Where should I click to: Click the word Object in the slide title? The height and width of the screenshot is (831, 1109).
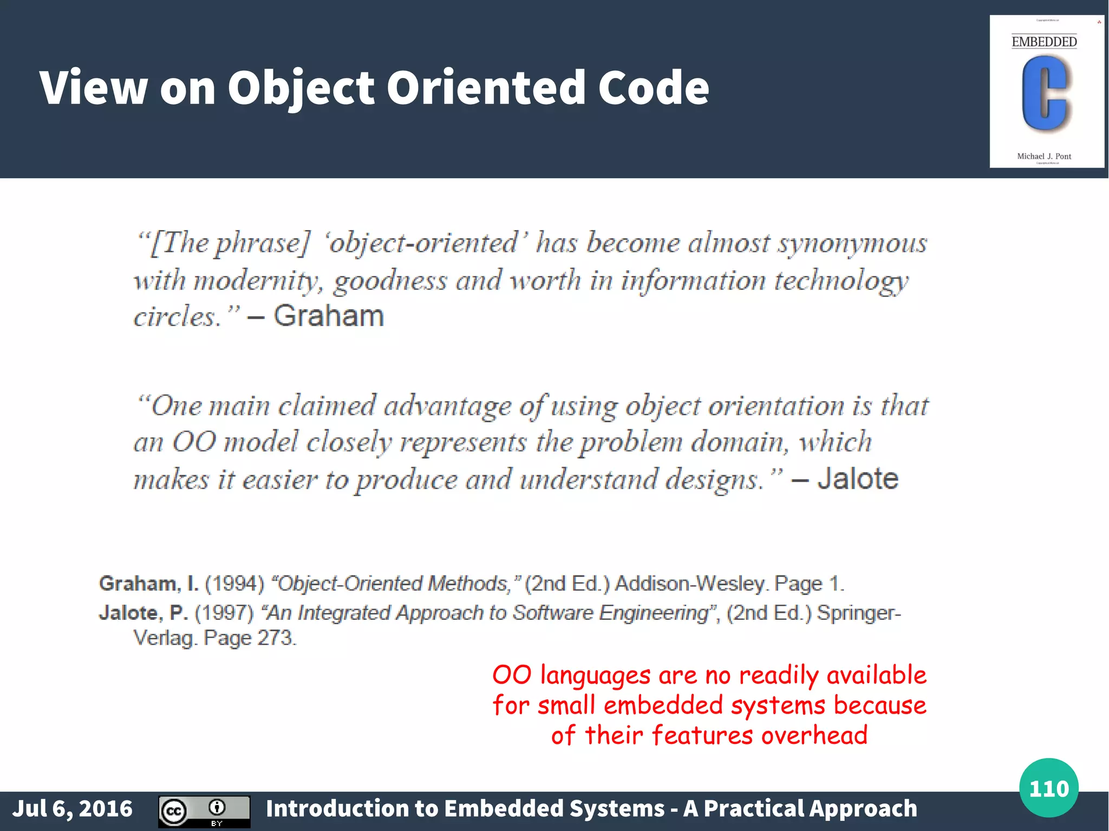click(x=301, y=88)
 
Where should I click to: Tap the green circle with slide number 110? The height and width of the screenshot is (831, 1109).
click(x=1048, y=788)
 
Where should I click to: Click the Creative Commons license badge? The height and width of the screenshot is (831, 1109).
click(x=204, y=811)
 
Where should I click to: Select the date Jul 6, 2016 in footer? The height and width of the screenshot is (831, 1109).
click(x=73, y=809)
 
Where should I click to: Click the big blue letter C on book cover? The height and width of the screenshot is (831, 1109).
click(x=1045, y=94)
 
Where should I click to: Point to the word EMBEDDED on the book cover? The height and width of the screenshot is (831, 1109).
click(x=1044, y=42)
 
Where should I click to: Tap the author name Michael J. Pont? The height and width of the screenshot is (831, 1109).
click(x=1044, y=156)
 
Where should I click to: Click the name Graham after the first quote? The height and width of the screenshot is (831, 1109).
click(x=329, y=316)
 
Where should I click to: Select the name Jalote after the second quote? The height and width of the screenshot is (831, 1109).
click(x=858, y=479)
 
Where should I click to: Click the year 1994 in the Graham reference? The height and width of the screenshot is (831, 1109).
click(x=234, y=584)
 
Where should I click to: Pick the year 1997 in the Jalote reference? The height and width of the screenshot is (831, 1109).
click(x=224, y=613)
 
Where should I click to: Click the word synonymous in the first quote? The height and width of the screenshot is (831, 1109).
click(x=853, y=244)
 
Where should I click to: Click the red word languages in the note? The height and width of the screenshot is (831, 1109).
click(x=596, y=676)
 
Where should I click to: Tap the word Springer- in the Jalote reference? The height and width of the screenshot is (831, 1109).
click(x=859, y=613)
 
